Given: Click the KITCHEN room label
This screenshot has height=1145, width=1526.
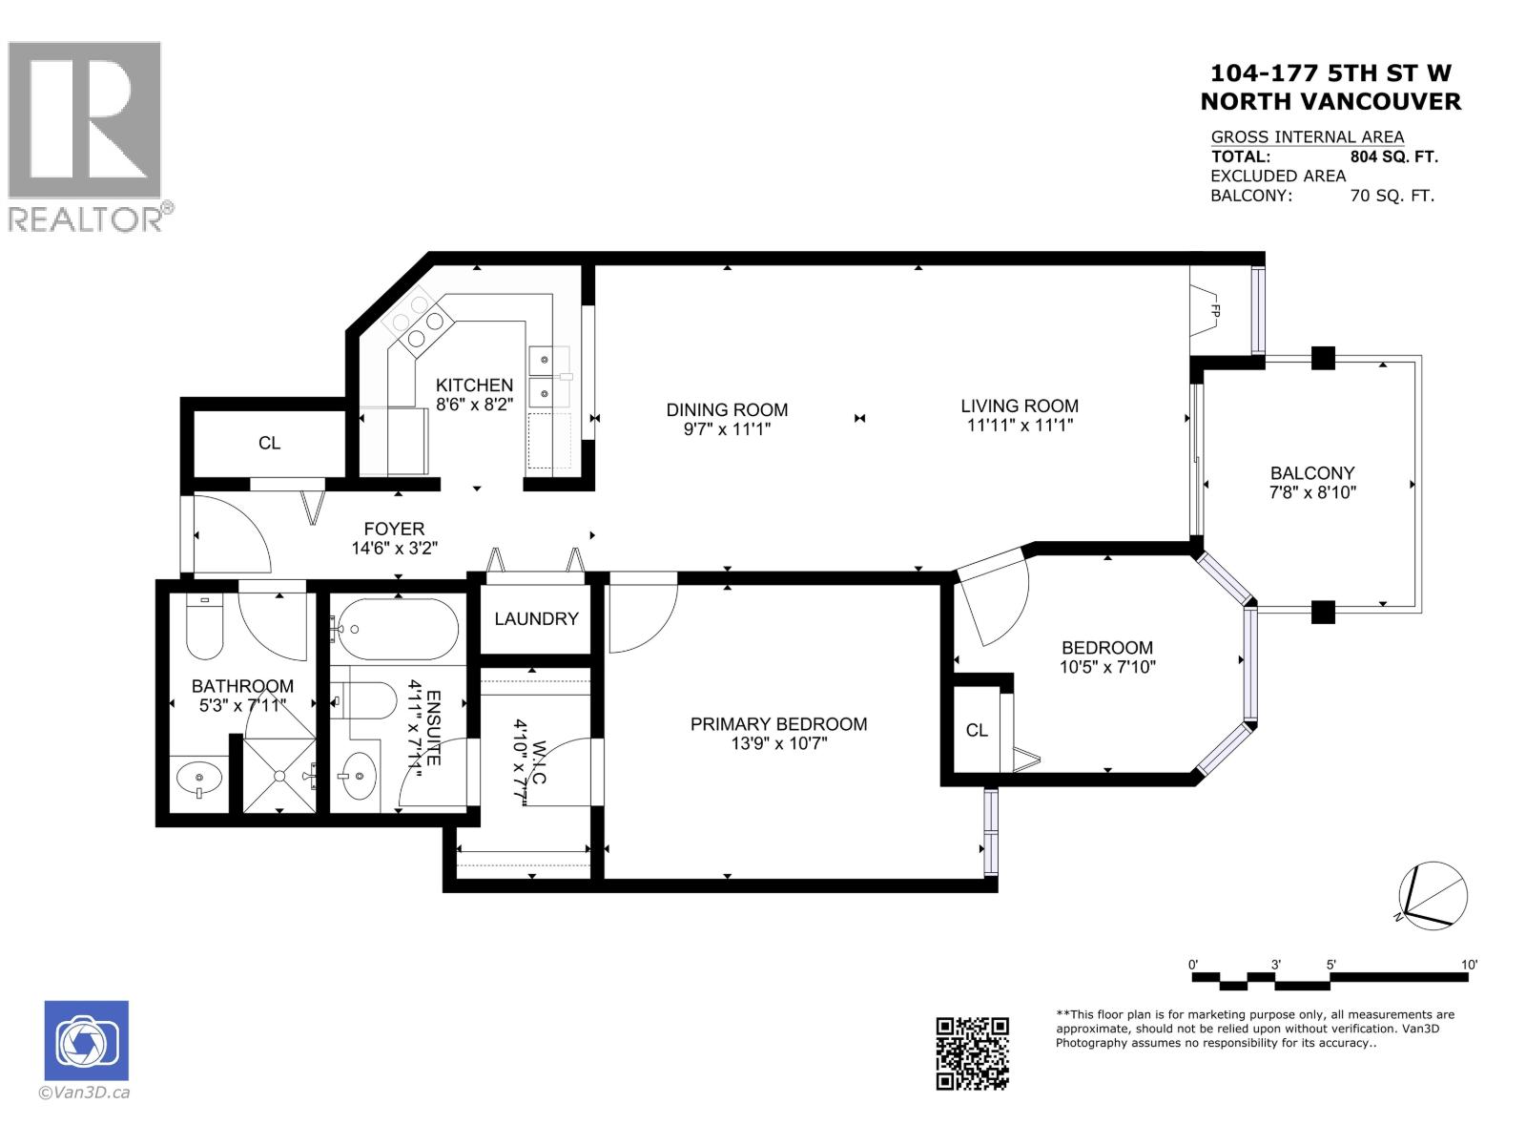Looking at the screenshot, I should point(474,385).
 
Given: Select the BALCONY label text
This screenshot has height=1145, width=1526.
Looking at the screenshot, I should point(1311,472).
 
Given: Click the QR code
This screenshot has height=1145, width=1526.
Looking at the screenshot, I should point(972,1052).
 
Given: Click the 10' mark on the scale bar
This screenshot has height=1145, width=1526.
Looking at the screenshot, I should point(1469,966).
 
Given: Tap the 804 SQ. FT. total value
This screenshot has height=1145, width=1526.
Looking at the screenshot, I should point(1393,156).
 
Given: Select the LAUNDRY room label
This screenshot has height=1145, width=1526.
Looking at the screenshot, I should point(536,618).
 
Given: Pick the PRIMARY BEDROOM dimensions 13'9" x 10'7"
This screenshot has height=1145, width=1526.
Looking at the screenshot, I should point(778,743).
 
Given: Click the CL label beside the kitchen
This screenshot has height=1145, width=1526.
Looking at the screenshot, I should point(269,443).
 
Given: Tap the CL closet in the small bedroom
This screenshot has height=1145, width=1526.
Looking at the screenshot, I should point(977,730).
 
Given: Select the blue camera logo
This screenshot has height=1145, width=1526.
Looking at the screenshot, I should point(86,1041).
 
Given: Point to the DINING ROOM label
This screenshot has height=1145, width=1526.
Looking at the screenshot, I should point(727,409).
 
